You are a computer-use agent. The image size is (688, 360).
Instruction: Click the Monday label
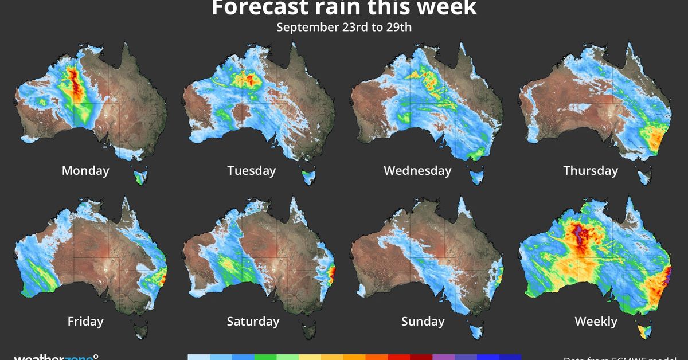85,170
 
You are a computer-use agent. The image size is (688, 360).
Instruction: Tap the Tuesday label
251,170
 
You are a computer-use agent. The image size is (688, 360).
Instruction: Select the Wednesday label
417,170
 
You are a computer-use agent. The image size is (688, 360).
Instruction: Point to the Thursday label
591,170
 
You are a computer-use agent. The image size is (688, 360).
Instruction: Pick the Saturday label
253,321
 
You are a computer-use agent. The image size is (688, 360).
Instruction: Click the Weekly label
596,321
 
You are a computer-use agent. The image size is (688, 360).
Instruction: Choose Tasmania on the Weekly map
644,331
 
